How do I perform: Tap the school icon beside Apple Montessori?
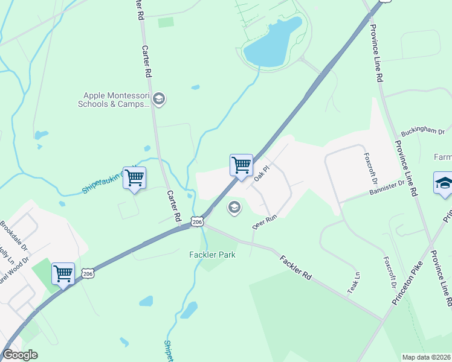point(158,100)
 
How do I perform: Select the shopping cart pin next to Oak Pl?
point(241,165)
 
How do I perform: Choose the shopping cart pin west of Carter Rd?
point(134,177)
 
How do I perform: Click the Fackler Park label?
point(211,255)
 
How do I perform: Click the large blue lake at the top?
point(273,43)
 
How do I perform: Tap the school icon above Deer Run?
point(234,208)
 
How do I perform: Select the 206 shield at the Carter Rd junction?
point(197,222)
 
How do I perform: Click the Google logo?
point(20,355)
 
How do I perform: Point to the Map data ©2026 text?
point(427,357)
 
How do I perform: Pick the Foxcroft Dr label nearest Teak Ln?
point(389,273)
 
